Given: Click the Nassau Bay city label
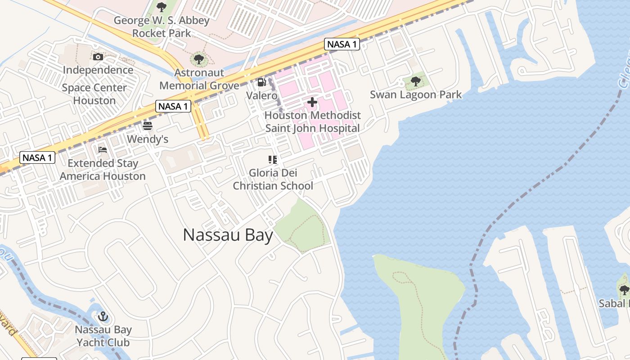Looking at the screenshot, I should [x=228, y=235].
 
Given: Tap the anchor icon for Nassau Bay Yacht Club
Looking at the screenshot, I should [x=103, y=316].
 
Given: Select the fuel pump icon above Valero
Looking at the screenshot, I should [x=261, y=82].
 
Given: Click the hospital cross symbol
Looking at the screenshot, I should [x=312, y=102].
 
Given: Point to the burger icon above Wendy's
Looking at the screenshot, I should [x=148, y=126].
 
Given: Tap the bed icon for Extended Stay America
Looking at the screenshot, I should [x=103, y=150].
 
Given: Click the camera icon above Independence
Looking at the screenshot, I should [x=98, y=57].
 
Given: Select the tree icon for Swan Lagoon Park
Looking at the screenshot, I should [x=415, y=81].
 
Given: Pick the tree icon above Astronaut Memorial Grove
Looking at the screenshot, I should [x=198, y=59].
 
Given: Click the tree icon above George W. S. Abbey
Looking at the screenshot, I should [x=162, y=7].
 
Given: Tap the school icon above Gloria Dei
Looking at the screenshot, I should [x=273, y=160].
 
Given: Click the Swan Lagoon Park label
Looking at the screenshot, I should [x=416, y=94].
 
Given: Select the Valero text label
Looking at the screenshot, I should [x=261, y=95].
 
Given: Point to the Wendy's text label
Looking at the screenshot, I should [x=148, y=139].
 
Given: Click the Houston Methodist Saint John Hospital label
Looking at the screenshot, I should [x=313, y=121].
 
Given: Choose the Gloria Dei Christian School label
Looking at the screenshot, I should [x=273, y=179].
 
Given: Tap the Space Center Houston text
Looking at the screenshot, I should [x=94, y=94].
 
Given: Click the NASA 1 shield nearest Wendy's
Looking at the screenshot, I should [x=173, y=107].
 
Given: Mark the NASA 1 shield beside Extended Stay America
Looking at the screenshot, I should [x=38, y=158].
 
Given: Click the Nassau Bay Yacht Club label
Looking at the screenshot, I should [x=103, y=336].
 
